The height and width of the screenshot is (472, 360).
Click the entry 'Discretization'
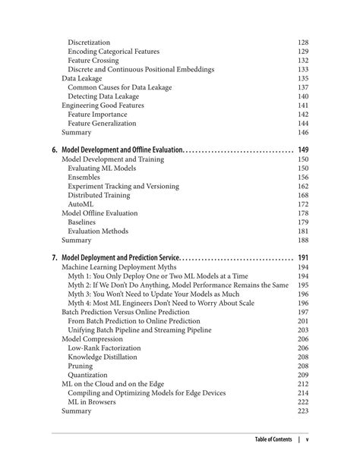tap(89, 42)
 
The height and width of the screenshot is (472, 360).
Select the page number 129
tap(302, 52)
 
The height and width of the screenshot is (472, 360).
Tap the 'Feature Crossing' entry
tap(93, 61)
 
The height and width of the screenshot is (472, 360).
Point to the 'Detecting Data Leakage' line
tap(103, 96)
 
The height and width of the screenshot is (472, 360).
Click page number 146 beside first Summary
tap(302, 133)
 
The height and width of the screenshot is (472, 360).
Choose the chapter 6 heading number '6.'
tap(55, 150)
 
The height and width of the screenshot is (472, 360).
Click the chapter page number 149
tap(302, 150)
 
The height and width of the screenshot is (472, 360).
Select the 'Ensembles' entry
tap(84, 178)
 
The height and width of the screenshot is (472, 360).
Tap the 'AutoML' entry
tap(81, 204)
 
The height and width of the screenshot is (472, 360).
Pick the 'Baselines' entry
tap(82, 222)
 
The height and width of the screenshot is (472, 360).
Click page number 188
tap(302, 241)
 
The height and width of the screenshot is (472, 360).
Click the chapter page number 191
tap(302, 258)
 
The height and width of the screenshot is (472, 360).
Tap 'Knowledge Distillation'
tap(103, 357)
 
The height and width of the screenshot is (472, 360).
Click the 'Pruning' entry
tap(81, 366)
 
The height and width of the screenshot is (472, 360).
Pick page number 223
tap(302, 411)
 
